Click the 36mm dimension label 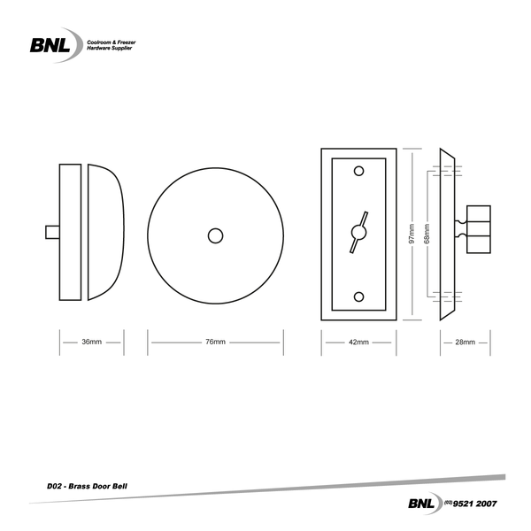pyautogui.click(x=91, y=342)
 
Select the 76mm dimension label pyautogui.click(x=215, y=342)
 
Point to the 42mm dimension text pyautogui.click(x=358, y=342)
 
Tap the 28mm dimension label pyautogui.click(x=465, y=342)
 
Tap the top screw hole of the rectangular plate pyautogui.click(x=358, y=171)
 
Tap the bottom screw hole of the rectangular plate pyautogui.click(x=358, y=296)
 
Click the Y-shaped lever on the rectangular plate pyautogui.click(x=358, y=233)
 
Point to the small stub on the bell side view pyautogui.click(x=52, y=232)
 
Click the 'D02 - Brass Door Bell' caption pyautogui.click(x=88, y=486)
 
